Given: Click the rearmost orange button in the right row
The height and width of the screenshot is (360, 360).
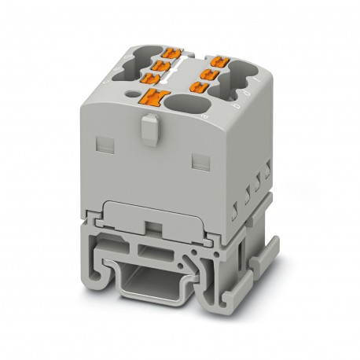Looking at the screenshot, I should pyautogui.click(x=215, y=59).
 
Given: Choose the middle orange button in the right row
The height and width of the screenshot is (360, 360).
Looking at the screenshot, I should pyautogui.click(x=211, y=72).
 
